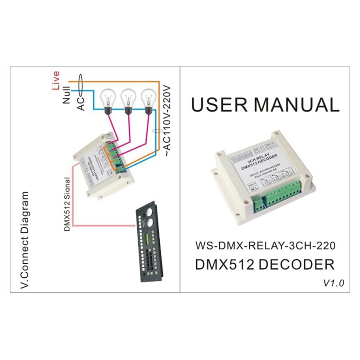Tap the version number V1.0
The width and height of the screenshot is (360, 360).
[333, 283]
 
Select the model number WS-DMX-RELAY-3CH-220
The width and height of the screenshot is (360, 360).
[265, 246]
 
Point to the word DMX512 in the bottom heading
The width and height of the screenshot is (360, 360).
[224, 264]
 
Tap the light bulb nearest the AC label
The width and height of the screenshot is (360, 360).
[108, 99]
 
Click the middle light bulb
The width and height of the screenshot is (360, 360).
[128, 99]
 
